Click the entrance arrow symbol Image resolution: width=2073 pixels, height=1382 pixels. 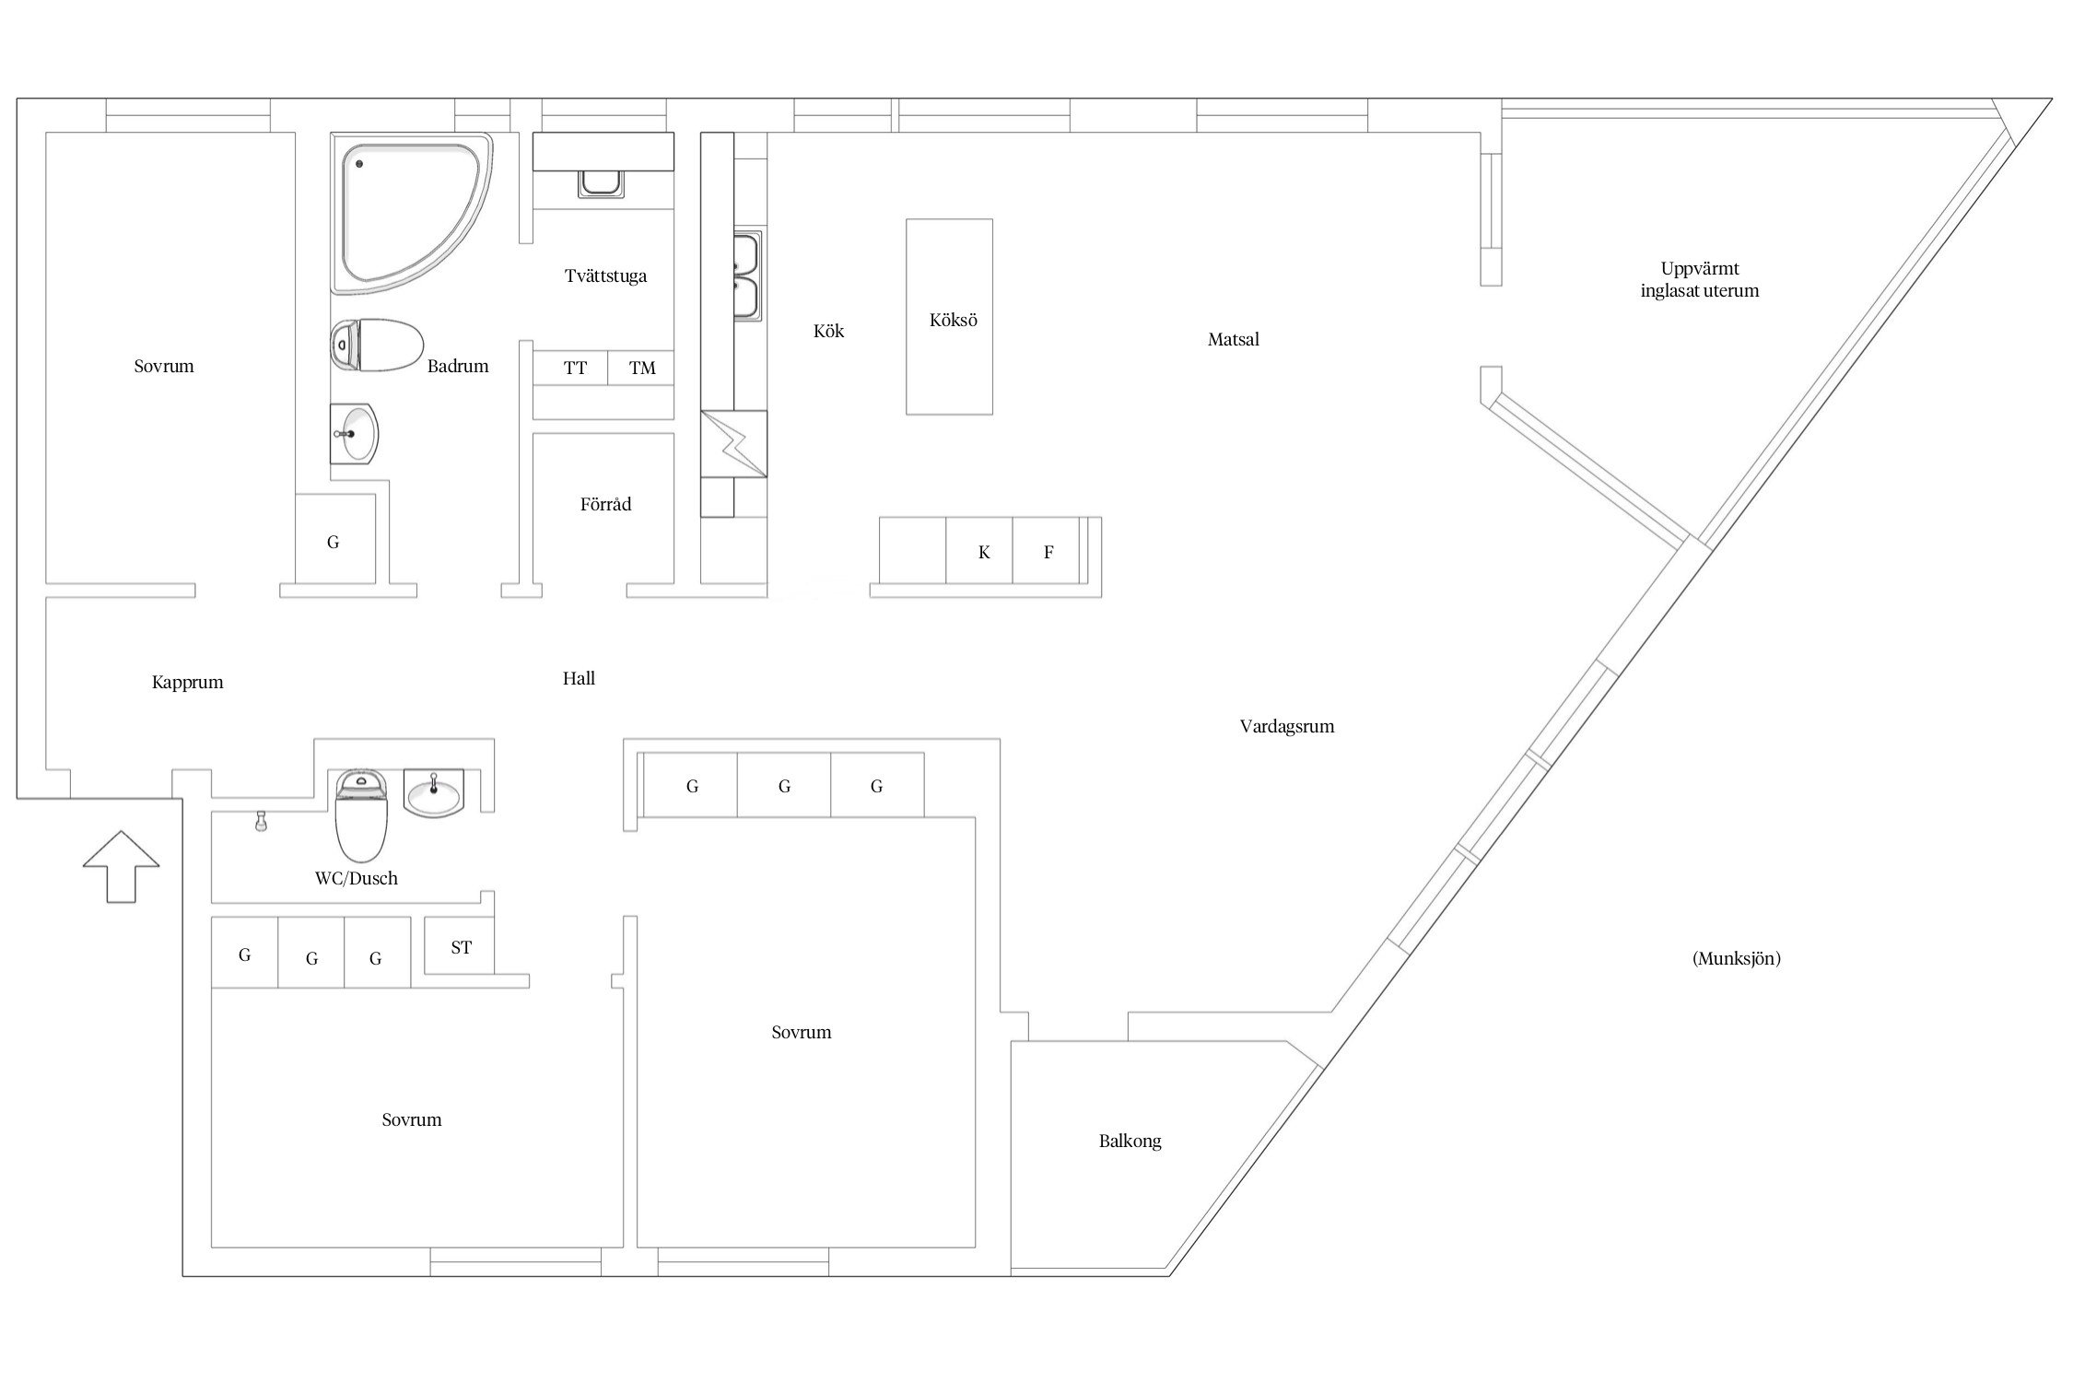tap(121, 866)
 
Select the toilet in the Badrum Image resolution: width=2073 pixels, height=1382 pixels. tap(376, 345)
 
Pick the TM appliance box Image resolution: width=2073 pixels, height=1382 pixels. tap(641, 368)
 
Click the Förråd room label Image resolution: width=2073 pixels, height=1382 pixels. tap(605, 504)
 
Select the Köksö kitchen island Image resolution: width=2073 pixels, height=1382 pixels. tap(949, 317)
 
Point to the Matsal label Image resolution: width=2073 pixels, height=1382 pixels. tap(1233, 339)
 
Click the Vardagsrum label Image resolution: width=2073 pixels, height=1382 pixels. tap(1287, 726)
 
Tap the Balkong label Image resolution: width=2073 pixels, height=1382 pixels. tap(1130, 1141)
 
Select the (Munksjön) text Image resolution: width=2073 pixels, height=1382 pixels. tap(1737, 958)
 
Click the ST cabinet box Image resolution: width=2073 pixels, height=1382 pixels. tap(460, 945)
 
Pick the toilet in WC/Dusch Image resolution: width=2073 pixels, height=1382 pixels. tap(361, 814)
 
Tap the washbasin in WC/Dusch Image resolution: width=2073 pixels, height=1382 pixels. tap(434, 793)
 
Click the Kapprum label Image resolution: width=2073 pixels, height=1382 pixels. tap(188, 683)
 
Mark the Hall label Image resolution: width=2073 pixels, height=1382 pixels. tap(579, 678)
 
